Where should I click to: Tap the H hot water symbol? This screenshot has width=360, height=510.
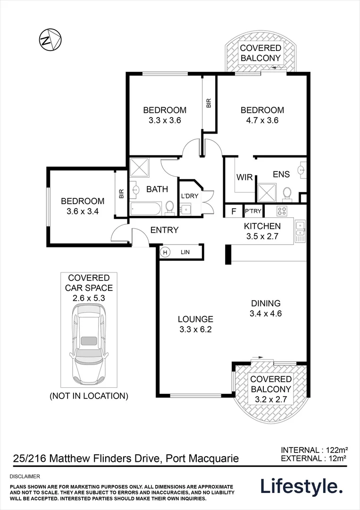(165, 253)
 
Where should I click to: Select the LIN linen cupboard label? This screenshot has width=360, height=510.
(185, 253)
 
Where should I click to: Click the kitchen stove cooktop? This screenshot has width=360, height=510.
(283, 211)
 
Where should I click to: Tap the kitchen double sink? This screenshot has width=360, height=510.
(300, 231)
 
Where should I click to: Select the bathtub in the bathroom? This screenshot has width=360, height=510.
(147, 208)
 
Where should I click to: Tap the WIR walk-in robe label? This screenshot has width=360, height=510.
(244, 177)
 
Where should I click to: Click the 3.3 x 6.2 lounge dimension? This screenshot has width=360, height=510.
(195, 330)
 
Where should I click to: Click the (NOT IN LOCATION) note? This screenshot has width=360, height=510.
(89, 396)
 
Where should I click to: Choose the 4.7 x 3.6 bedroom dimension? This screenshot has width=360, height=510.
(262, 120)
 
